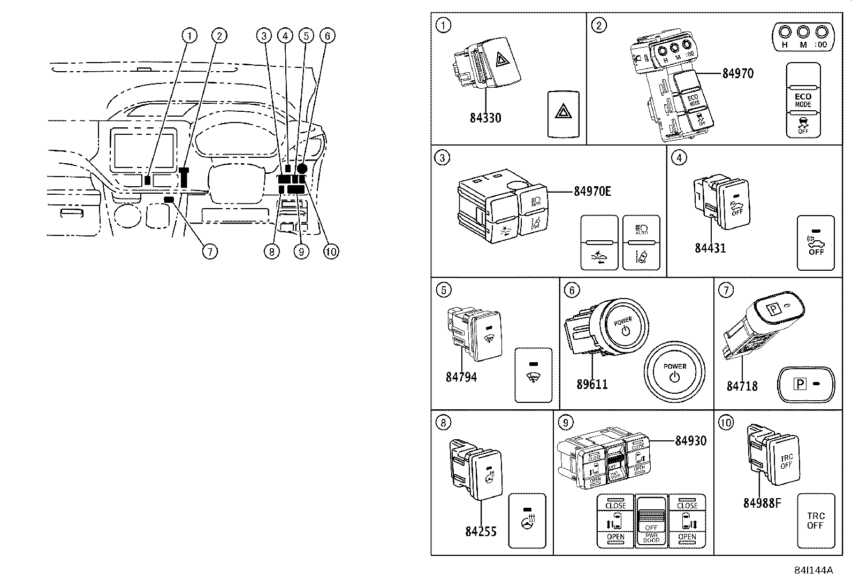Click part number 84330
pos(485,118)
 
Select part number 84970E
pos(592,191)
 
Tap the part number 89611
pos(592,384)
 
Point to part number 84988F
pos(762,503)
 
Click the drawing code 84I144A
pos(813,570)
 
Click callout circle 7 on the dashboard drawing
pos(210,251)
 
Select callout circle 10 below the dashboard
pos(331,251)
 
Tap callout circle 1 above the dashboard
pos(188,36)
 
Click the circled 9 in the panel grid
pos(565,423)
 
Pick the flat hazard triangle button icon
pos(563,113)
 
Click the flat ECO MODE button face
pos(803,100)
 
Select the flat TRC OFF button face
pos(816,521)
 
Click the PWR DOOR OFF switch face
pos(651,521)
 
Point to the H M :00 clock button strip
pos(803,37)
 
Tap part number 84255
pos(481,531)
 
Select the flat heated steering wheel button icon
pos(527,521)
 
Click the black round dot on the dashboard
pos(302,168)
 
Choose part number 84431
pos(710,248)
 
